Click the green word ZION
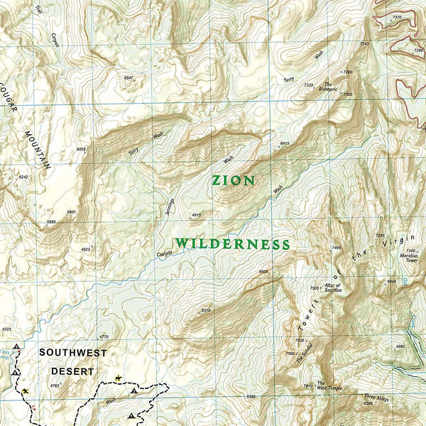pyautogui.click(x=234, y=181)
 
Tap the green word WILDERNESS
pyautogui.click(x=232, y=244)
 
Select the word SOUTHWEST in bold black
pyautogui.click(x=72, y=353)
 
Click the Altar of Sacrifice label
pyautogui.click(x=333, y=288)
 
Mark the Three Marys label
pyautogui.click(x=376, y=398)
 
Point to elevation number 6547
pyautogui.click(x=129, y=77)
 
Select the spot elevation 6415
pyautogui.click(x=285, y=144)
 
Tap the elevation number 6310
pyautogui.click(x=207, y=311)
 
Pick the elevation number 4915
pyautogui.click(x=197, y=215)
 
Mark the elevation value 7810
pyautogui.click(x=307, y=386)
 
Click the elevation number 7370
pyautogui.click(x=396, y=16)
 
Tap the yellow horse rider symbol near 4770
pyautogui.click(x=118, y=377)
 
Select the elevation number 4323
pyautogui.click(x=6, y=329)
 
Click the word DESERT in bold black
pyautogui.click(x=72, y=371)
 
